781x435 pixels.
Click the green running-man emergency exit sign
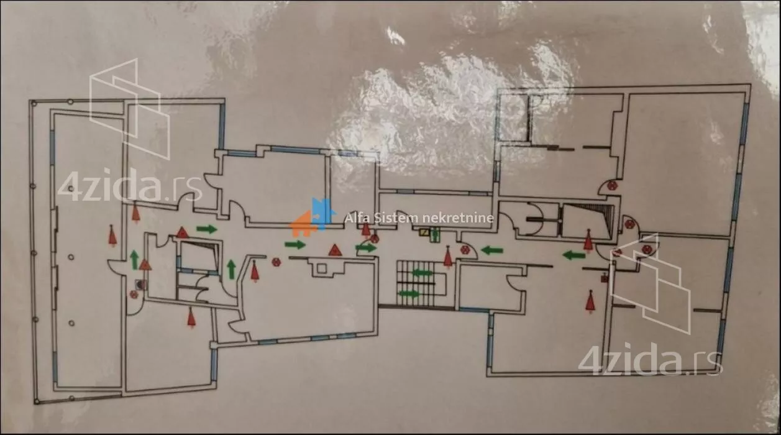tap(434, 234)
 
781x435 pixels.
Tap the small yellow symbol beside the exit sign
tap(424, 233)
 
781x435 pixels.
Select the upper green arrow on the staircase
tap(422, 272)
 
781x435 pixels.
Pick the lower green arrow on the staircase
tap(409, 293)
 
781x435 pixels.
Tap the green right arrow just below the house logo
tap(295, 244)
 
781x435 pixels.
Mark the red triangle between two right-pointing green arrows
tap(335, 250)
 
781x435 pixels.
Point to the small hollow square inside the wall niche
tap(321, 268)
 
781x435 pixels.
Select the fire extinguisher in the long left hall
tap(112, 236)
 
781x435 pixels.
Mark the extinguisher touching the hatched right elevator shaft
tap(588, 240)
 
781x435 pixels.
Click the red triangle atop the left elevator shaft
tap(182, 232)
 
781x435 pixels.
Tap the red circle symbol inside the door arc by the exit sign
tap(465, 249)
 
